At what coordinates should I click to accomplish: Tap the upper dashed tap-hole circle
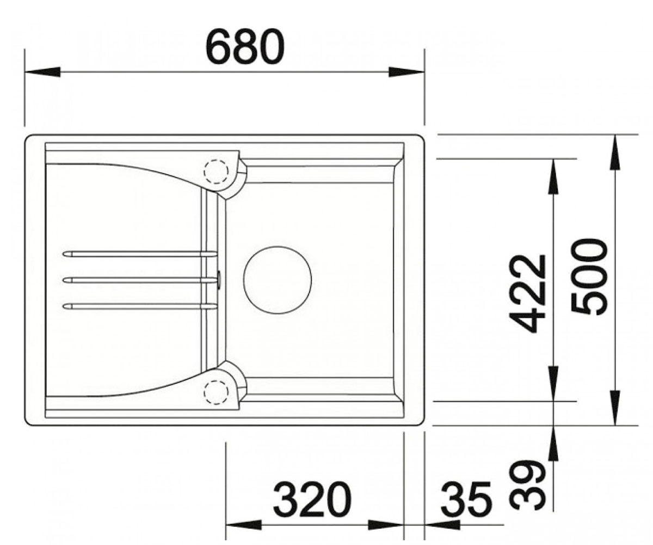click(x=216, y=172)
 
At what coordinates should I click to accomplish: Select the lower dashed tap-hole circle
click(x=216, y=392)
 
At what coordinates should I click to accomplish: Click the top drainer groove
click(x=140, y=254)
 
